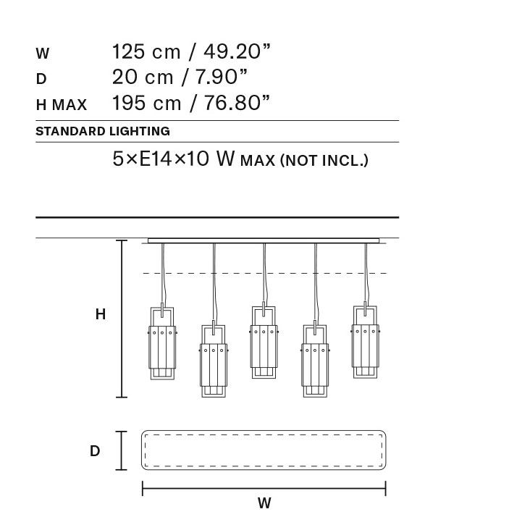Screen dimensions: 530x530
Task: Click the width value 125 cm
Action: click(146, 52)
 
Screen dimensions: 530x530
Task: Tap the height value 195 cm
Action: click(146, 103)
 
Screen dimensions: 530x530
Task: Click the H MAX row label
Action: click(61, 104)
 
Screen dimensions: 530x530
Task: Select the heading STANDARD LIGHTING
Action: click(102, 132)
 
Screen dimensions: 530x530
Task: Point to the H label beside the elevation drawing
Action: click(101, 315)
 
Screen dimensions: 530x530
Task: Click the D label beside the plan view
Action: click(95, 451)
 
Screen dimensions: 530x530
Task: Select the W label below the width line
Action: click(264, 503)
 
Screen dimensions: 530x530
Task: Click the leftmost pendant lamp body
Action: click(163, 343)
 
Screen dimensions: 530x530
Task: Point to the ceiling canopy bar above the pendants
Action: click(264, 240)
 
